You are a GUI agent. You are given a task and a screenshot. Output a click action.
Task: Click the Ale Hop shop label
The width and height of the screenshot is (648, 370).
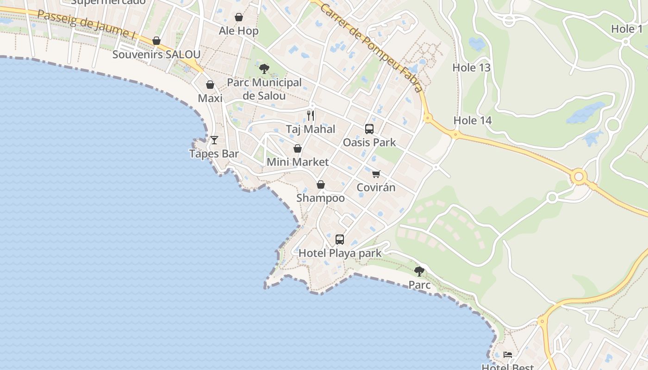pos(238,31)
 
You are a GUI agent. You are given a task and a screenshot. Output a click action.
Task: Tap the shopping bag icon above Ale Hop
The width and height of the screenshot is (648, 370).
pos(239,18)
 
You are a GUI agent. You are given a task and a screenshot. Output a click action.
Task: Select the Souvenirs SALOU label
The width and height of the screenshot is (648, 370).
pos(156,54)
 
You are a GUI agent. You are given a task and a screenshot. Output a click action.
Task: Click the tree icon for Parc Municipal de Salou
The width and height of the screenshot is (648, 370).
pos(264,69)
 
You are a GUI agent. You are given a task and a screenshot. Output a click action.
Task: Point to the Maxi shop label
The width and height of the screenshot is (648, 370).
pos(210,98)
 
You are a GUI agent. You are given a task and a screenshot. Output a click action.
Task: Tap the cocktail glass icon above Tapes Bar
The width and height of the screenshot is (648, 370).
pos(214,140)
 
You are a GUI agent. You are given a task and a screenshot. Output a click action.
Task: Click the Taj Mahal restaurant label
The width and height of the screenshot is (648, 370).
pos(310,129)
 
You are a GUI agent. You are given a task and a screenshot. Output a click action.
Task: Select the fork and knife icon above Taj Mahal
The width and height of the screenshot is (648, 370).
pos(311,116)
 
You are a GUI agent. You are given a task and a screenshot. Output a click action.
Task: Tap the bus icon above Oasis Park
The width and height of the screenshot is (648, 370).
pos(369,129)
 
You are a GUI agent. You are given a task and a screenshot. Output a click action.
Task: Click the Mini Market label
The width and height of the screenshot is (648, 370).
pos(298,162)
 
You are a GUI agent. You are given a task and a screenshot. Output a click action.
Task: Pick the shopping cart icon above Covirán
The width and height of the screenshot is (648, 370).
pos(376,174)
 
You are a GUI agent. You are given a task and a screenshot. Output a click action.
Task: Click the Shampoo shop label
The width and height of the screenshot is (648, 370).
pos(320,198)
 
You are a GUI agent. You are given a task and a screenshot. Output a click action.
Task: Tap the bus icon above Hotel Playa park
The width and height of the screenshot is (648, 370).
pos(340,240)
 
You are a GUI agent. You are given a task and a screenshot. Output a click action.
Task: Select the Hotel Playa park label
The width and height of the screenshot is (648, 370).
pos(340,253)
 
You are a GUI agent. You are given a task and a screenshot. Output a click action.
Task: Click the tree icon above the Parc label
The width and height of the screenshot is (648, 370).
pos(419,271)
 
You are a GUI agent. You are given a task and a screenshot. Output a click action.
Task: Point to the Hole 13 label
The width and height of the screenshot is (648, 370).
pos(471,68)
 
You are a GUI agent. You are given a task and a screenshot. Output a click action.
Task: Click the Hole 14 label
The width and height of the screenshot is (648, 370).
pos(472,121)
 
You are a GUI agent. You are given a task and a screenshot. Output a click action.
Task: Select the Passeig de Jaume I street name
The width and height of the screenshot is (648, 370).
pos(87,24)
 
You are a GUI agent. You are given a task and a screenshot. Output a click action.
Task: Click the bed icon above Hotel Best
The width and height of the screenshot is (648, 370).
pos(508,355)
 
